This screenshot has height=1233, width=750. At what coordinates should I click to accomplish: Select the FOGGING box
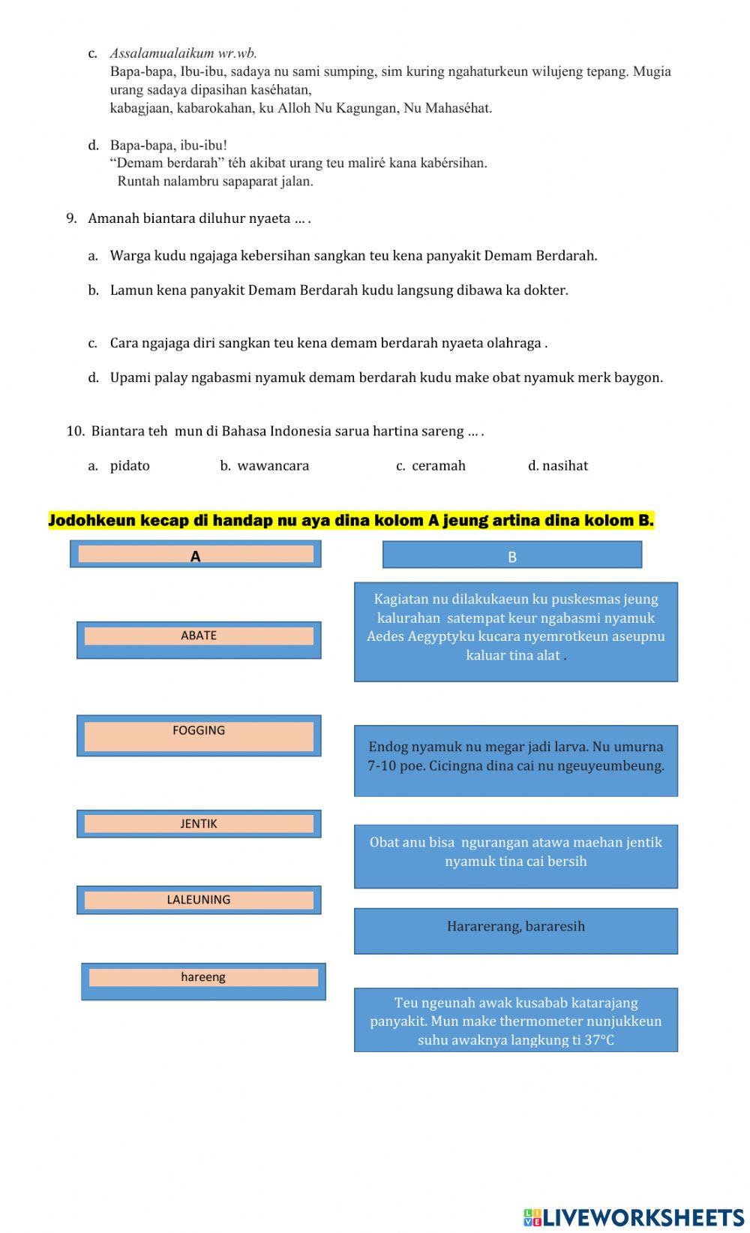[x=199, y=735]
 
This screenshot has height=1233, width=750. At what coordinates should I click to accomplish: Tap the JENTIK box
[x=199, y=823]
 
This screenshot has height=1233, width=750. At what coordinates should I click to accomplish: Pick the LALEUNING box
[x=199, y=899]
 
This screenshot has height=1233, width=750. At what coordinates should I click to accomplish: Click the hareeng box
[x=203, y=980]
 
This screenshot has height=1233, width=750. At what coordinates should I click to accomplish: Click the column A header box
[x=196, y=554]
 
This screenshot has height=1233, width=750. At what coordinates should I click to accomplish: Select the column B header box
[x=512, y=555]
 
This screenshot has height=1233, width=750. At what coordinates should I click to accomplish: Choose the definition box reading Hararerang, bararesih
[x=515, y=930]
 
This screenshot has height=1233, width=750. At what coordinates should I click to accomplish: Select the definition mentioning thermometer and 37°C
[x=515, y=1019]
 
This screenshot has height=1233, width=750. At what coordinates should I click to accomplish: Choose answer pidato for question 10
[x=130, y=465]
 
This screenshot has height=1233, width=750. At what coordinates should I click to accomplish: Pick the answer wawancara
[x=272, y=465]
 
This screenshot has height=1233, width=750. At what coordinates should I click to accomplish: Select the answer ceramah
[x=438, y=465]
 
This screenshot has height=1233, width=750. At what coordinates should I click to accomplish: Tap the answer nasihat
[x=564, y=465]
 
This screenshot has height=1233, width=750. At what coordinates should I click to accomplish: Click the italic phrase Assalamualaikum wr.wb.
[x=183, y=53]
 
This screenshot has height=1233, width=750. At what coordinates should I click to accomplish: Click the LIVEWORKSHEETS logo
[x=634, y=1216]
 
